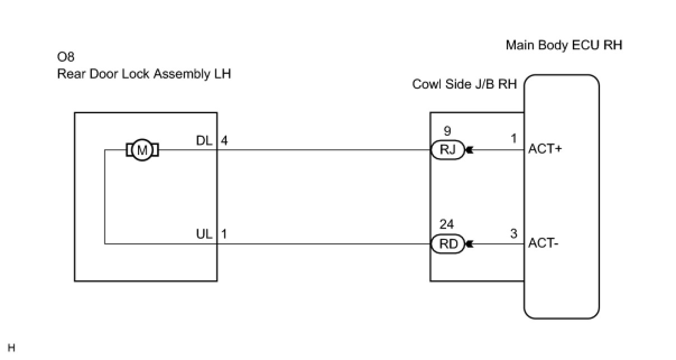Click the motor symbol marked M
(142, 150)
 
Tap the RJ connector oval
(447, 150)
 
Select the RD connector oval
(447, 244)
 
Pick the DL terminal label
(204, 141)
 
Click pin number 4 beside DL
(224, 141)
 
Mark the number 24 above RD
(447, 225)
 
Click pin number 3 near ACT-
(513, 234)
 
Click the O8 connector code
(66, 57)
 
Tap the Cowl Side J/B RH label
(465, 84)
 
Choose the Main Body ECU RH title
(564, 45)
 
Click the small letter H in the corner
(11, 348)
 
